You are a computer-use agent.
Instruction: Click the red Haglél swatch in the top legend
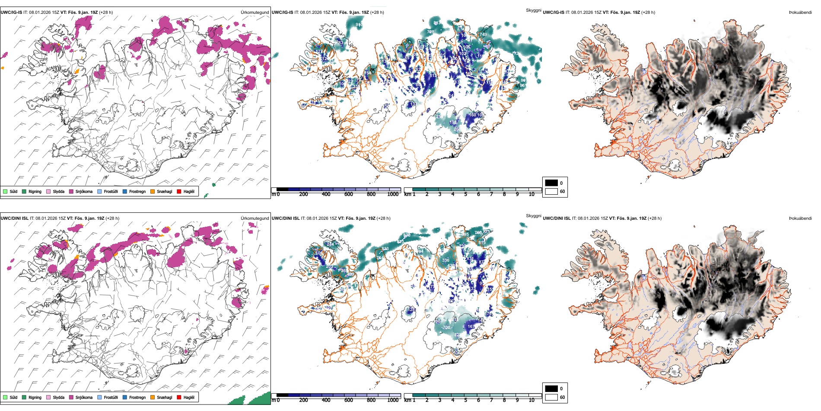click(179, 191)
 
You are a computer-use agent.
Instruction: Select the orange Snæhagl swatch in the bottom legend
click(153, 397)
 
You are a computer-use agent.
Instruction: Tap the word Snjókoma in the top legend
click(84, 191)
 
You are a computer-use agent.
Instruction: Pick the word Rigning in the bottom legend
click(35, 397)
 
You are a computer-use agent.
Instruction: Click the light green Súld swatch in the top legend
click(5, 191)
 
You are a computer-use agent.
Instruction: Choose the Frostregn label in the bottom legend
click(137, 397)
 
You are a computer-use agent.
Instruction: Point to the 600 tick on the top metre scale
click(348, 194)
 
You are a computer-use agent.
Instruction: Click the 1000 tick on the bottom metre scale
click(393, 400)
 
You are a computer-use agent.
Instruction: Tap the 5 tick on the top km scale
click(465, 194)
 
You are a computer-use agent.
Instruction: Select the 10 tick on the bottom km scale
click(531, 400)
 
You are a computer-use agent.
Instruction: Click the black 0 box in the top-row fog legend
click(551, 183)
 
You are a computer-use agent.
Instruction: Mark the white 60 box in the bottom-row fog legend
click(551, 397)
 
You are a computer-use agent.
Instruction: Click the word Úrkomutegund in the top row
click(255, 13)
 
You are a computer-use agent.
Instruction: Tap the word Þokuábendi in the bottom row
click(800, 218)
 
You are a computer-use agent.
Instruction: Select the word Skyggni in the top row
click(533, 10)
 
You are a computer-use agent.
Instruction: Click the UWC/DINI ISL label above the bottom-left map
click(14, 218)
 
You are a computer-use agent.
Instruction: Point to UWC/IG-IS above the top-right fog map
click(554, 13)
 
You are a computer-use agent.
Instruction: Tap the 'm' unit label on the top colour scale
click(273, 194)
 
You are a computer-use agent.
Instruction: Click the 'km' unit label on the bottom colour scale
click(407, 400)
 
